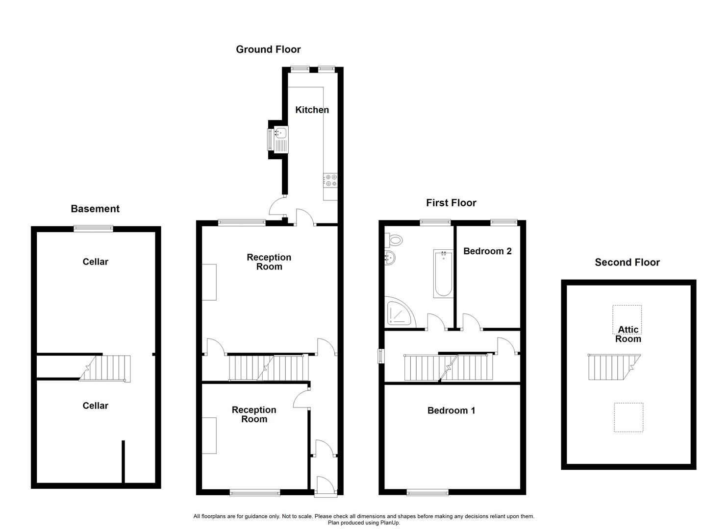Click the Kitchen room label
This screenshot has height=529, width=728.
point(312,110)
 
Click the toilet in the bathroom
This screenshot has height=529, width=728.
point(395,240)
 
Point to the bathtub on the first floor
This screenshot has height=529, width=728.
point(443,273)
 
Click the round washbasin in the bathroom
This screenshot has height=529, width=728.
point(391,258)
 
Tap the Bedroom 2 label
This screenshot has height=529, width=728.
point(487,251)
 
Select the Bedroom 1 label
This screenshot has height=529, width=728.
point(451,410)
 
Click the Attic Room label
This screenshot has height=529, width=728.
point(628,335)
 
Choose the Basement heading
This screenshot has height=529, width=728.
point(95,209)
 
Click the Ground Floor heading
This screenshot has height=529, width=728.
point(268,49)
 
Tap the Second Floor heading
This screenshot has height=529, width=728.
point(627,262)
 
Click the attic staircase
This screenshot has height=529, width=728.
point(613,367)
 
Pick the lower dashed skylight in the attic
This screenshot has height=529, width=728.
point(628,417)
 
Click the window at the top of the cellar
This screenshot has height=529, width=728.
point(94,228)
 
